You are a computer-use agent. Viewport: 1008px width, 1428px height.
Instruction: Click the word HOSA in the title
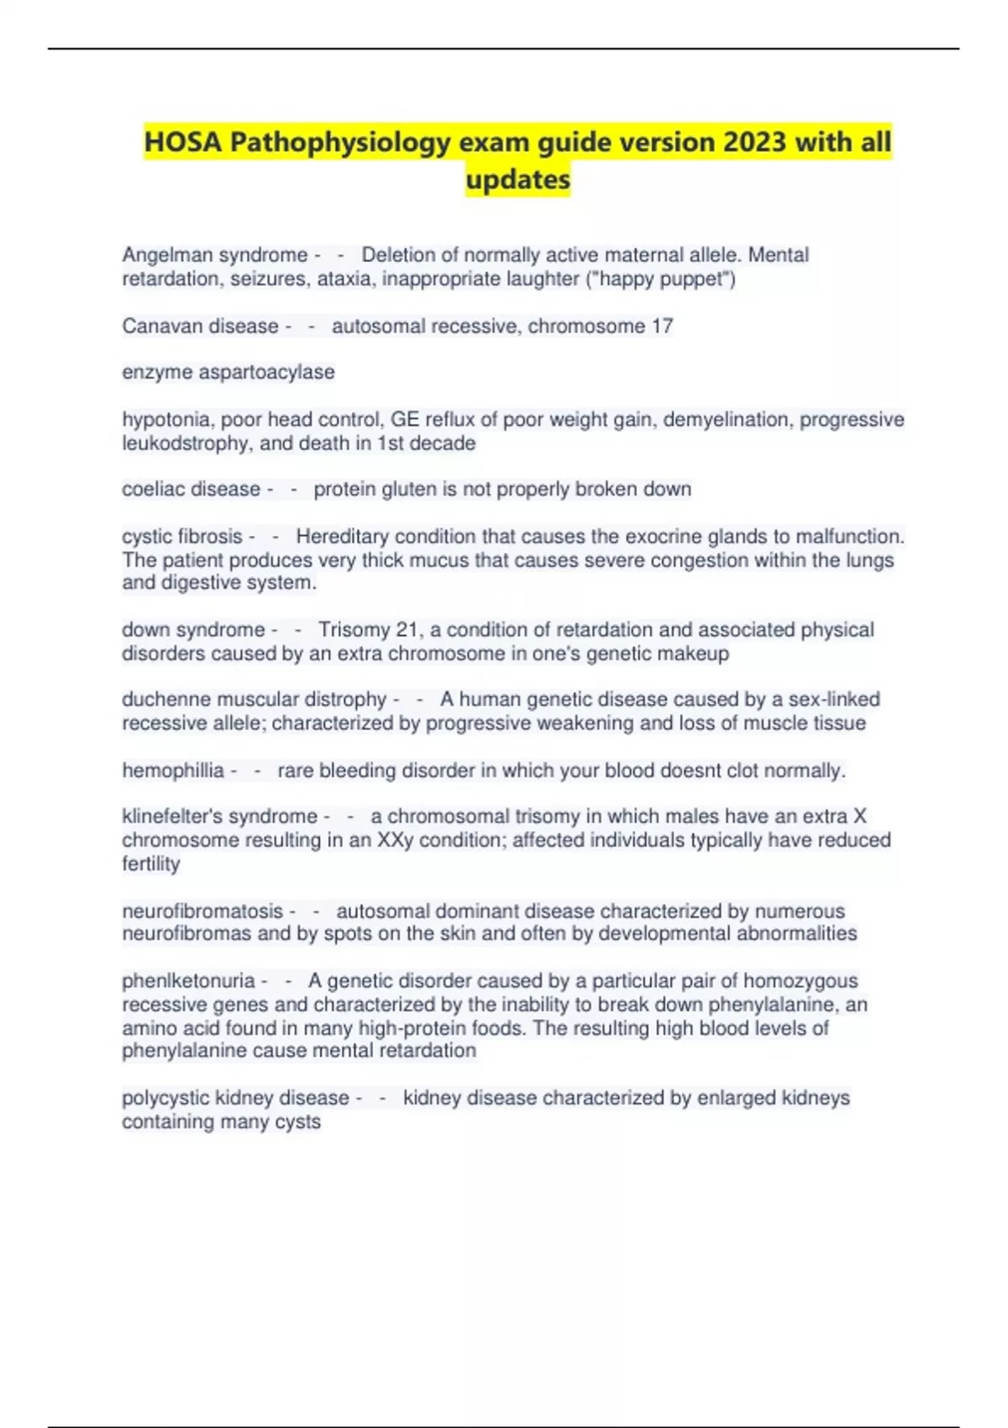pyautogui.click(x=183, y=142)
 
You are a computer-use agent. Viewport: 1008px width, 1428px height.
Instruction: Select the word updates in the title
pyautogui.click(x=517, y=179)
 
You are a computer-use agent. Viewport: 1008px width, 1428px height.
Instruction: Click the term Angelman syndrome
pyautogui.click(x=215, y=255)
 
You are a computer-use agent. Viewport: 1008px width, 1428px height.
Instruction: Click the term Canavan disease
pyautogui.click(x=200, y=326)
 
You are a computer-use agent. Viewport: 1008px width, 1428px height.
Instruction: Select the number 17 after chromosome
pyautogui.click(x=661, y=326)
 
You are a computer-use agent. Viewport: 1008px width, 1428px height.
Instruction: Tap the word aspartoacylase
pyautogui.click(x=266, y=372)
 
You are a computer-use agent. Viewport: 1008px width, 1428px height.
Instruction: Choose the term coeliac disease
pyautogui.click(x=191, y=489)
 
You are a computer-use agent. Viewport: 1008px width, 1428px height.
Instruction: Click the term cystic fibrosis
pyautogui.click(x=181, y=536)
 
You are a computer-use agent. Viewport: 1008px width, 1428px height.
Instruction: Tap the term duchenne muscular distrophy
pyautogui.click(x=254, y=700)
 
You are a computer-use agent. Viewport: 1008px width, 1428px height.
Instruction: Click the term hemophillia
pyautogui.click(x=173, y=770)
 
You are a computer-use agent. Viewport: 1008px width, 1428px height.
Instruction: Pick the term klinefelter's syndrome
pyautogui.click(x=219, y=816)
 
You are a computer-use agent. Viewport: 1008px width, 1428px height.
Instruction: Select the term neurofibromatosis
pyautogui.click(x=202, y=911)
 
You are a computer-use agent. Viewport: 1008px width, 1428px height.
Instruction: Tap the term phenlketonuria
pyautogui.click(x=188, y=981)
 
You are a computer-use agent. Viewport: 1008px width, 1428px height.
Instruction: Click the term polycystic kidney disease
pyautogui.click(x=235, y=1098)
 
